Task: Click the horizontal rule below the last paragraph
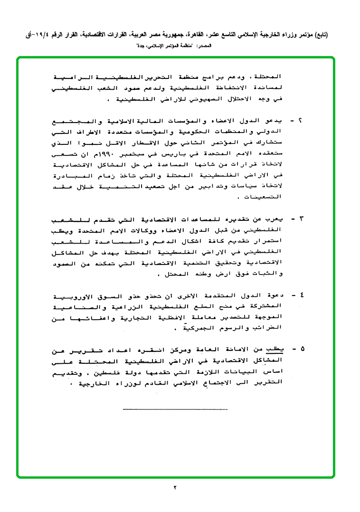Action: pos(175,409)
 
